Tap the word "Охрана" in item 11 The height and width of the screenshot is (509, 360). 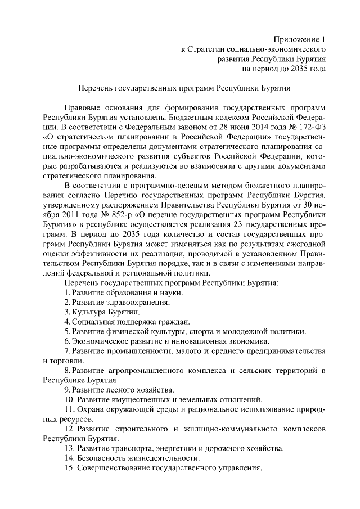[92, 409]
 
